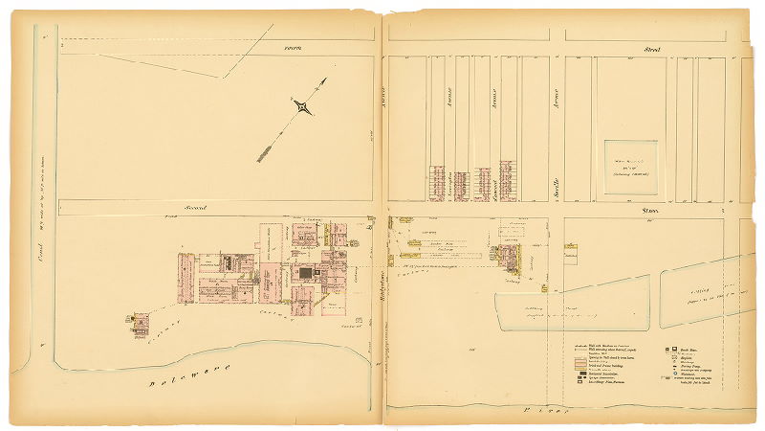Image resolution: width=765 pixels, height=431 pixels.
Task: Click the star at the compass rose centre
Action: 303,107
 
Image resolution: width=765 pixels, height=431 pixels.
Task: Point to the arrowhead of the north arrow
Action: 324,80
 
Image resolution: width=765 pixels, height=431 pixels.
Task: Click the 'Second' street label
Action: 195,207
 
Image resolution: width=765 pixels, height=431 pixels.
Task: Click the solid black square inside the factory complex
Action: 305,274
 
